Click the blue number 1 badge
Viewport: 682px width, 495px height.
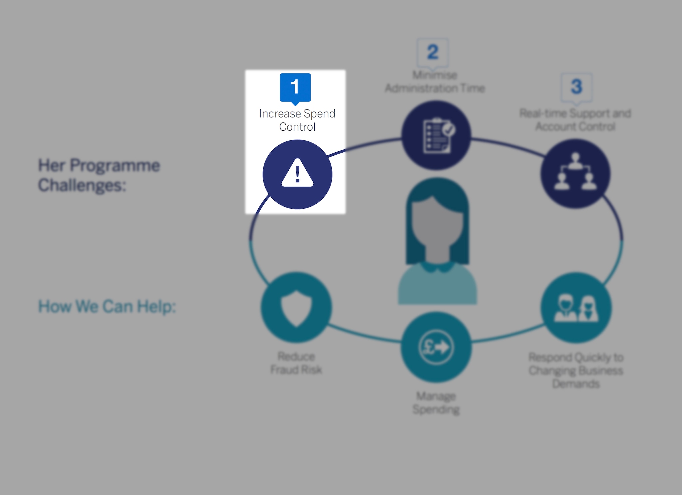[295, 87]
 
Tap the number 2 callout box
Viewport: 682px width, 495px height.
[433, 52]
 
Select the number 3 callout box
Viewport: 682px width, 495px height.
[576, 87]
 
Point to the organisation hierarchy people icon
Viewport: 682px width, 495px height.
[575, 172]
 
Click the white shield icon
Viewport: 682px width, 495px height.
[296, 308]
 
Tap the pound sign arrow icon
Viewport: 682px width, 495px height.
[436, 347]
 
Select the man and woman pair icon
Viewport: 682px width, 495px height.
[576, 308]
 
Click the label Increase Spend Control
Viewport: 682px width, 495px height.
[297, 120]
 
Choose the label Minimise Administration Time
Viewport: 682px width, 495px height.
[435, 82]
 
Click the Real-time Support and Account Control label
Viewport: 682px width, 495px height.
[575, 120]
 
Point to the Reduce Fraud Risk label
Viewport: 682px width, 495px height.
[296, 363]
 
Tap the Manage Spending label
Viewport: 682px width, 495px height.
[436, 403]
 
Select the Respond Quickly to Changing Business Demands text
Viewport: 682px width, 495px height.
[576, 370]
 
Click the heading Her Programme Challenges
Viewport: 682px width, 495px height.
[99, 175]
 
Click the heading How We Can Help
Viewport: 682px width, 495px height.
[107, 306]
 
